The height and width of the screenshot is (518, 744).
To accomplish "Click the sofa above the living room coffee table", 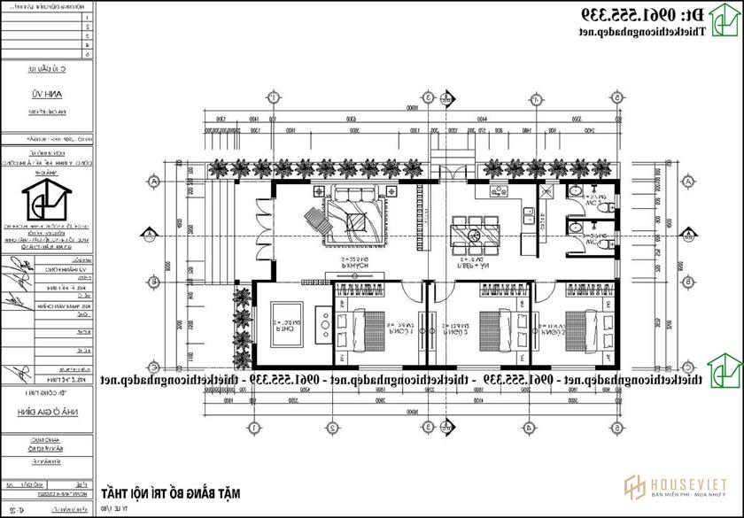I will pyautogui.click(x=353, y=195).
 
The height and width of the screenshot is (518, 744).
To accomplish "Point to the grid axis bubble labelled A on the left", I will pyautogui.click(x=156, y=181).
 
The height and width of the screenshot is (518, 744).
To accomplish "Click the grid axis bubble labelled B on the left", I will pyautogui.click(x=156, y=282).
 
